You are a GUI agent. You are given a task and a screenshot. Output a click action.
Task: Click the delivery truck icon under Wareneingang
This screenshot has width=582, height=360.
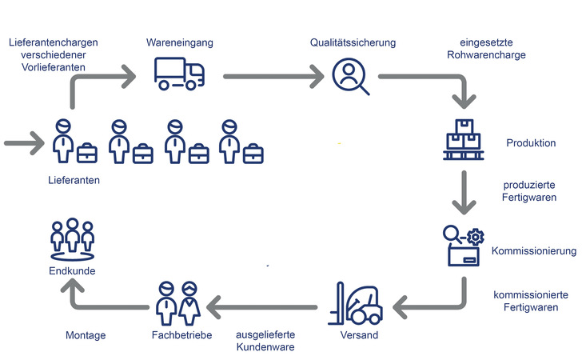[179, 74]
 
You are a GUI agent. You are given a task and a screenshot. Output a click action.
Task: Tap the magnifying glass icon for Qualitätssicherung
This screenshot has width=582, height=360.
[350, 77]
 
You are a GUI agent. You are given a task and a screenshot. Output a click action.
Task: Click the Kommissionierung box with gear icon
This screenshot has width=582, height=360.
[464, 246]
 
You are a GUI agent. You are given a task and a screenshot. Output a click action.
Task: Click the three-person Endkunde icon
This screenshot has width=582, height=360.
[73, 239]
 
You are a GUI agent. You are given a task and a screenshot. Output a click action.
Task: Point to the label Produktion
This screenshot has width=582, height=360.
[531, 143]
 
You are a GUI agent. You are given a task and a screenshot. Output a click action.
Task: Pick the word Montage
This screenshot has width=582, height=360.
[85, 335]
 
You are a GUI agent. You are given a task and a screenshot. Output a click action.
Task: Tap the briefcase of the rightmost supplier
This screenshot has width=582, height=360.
[253, 153]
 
